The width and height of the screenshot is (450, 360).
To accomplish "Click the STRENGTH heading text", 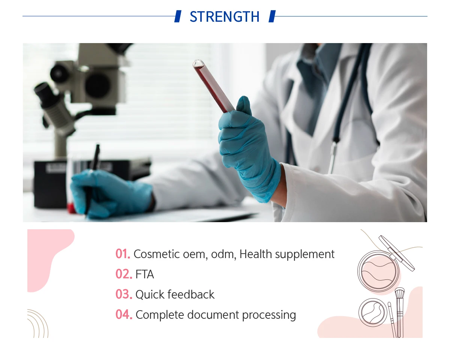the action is (224, 16).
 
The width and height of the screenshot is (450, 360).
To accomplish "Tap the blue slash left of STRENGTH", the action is (178, 16).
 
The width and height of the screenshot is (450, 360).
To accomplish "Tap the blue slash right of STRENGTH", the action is (272, 16).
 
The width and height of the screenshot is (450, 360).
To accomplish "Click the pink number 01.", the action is (123, 254).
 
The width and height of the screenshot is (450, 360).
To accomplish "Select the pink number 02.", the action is (124, 274).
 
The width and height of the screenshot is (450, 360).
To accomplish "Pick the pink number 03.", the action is (124, 294).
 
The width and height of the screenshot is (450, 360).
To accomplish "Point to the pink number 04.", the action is (124, 314).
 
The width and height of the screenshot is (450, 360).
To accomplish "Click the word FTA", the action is (145, 274).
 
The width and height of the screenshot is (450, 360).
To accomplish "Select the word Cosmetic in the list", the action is (157, 254).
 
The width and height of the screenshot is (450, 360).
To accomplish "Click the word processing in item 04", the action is (269, 315).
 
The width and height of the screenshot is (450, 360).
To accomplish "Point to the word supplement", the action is (304, 255).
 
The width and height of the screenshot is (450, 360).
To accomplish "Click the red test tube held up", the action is (213, 86).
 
